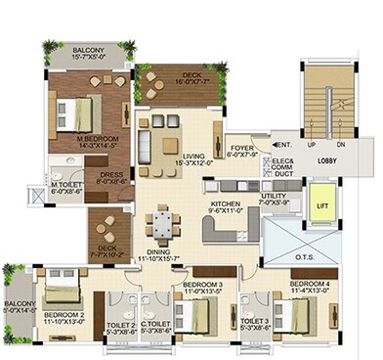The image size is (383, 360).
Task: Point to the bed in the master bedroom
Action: (x=76, y=109)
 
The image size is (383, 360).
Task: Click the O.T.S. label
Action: (x=306, y=256)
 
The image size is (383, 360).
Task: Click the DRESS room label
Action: (x=110, y=176)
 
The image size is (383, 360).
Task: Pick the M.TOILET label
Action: (x=66, y=186)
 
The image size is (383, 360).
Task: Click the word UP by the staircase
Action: (x=312, y=144)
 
